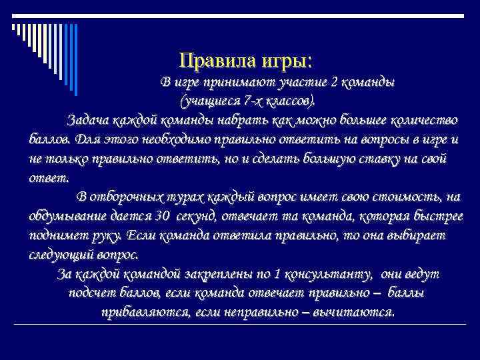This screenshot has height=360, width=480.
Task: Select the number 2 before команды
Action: pyautogui.click(x=335, y=83)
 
